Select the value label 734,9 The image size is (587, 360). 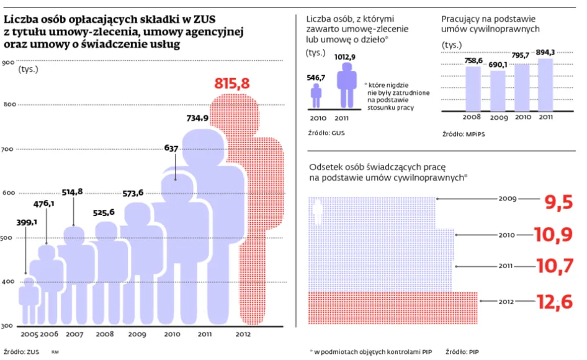point(199,118)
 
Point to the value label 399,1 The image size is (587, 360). point(25,222)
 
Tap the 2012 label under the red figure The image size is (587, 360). point(243,335)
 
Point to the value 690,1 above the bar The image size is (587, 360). point(498,65)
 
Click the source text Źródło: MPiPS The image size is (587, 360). point(462,133)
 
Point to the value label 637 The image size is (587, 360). point(172,148)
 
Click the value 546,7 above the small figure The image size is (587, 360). point(316,78)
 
